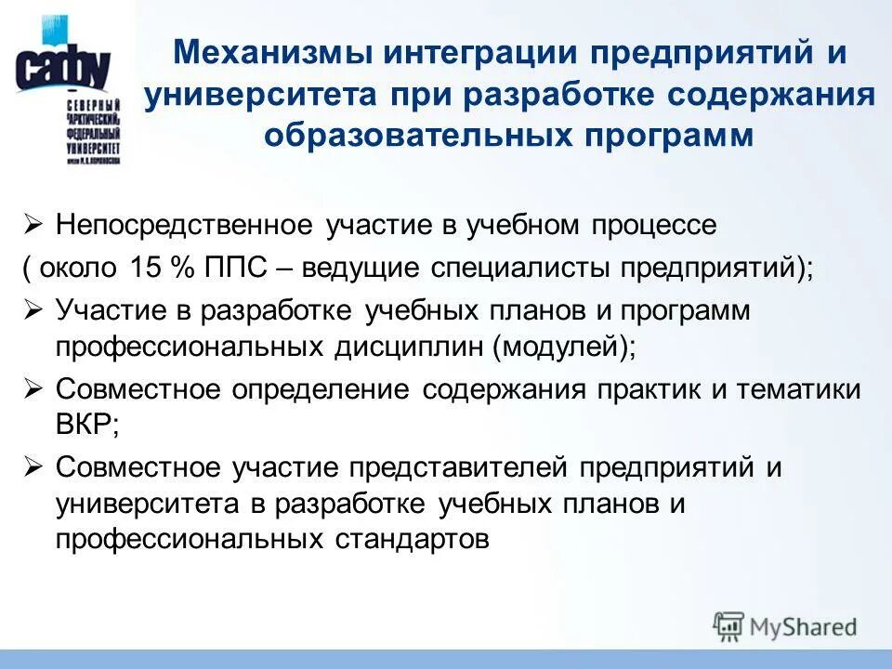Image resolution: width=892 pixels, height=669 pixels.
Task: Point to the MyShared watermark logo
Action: pos(785,626)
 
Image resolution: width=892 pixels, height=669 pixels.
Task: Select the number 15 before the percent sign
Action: pos(148,268)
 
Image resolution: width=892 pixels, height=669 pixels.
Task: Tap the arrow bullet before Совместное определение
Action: pos(33,388)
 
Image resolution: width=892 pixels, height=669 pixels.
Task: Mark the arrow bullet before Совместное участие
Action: pos(33,467)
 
